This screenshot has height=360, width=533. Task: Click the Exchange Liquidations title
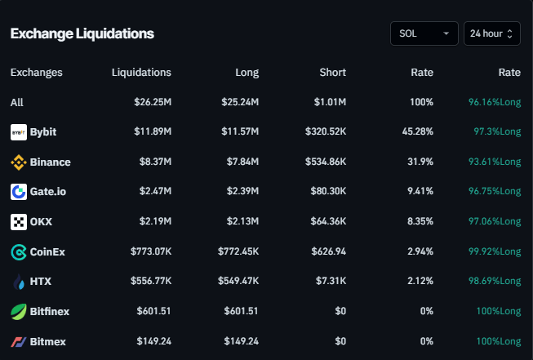(x=82, y=33)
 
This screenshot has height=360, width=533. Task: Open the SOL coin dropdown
(x=424, y=33)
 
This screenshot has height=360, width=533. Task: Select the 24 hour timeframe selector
(x=491, y=33)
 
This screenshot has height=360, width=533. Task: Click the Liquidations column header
(x=141, y=73)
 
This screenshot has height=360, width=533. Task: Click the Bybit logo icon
(x=19, y=131)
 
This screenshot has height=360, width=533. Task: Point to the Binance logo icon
(x=19, y=162)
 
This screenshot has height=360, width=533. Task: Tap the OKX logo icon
(x=19, y=222)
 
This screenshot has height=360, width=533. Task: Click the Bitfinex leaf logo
(x=19, y=312)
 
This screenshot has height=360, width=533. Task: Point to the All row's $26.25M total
(x=153, y=102)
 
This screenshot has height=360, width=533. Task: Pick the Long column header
(x=247, y=73)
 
